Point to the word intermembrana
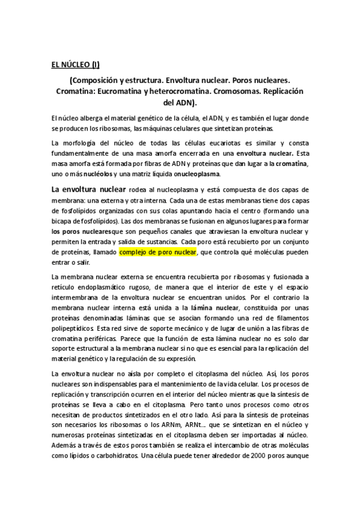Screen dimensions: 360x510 [x=78, y=297]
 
